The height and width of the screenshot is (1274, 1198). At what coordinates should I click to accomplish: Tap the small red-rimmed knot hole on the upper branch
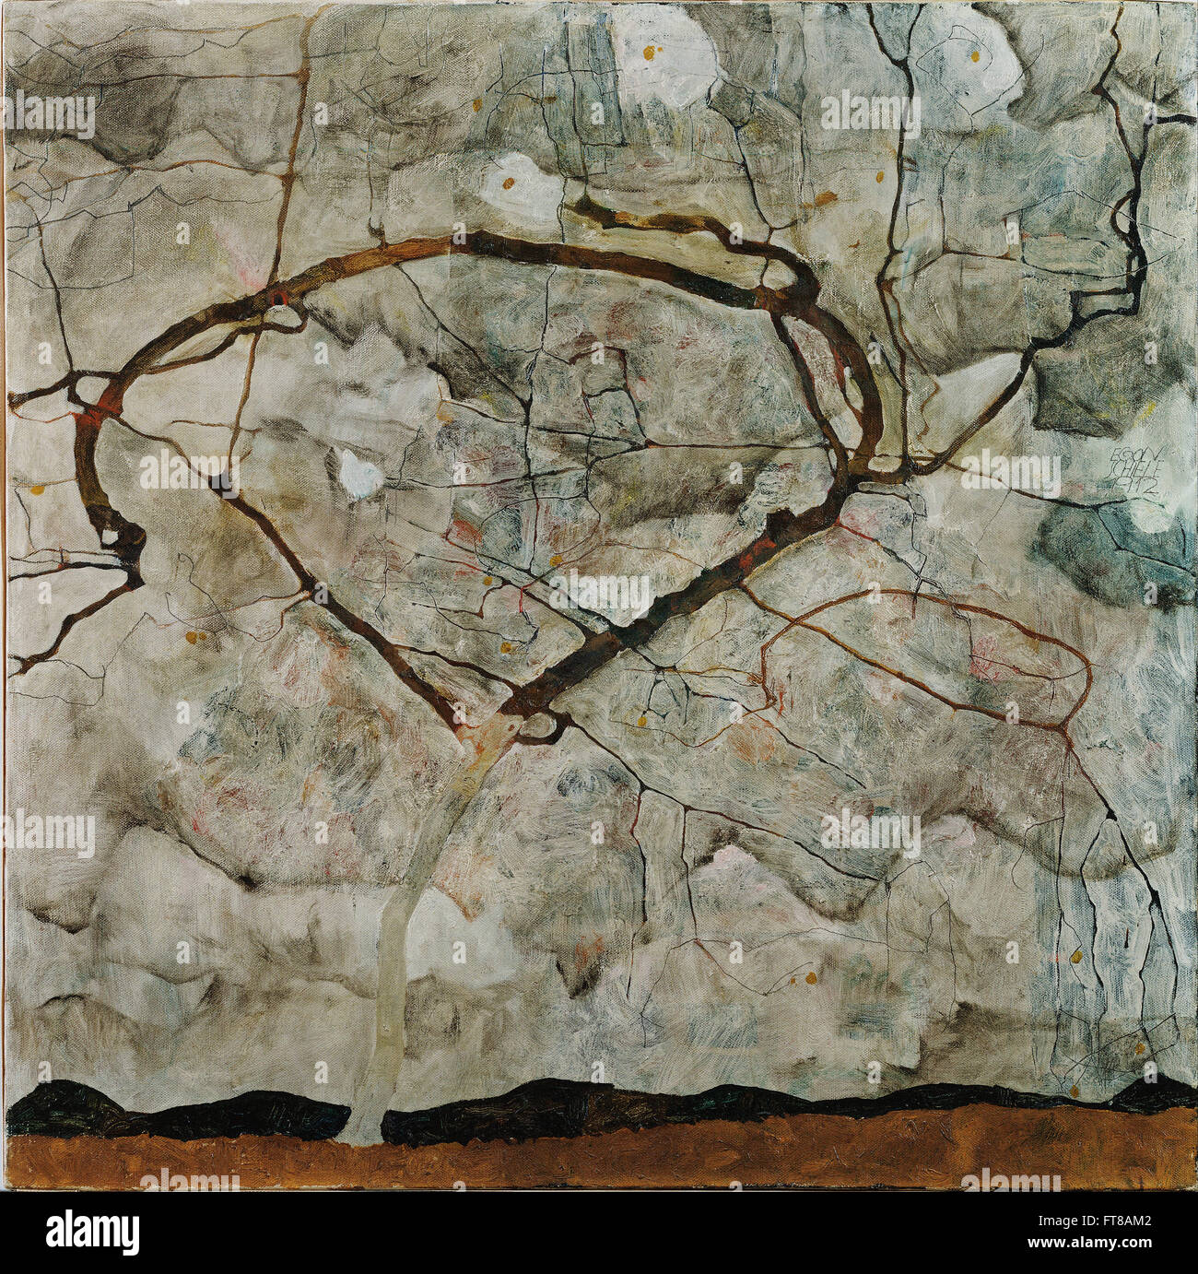pos(277,297)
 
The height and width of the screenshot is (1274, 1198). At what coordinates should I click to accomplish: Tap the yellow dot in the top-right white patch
pos(973,55)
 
